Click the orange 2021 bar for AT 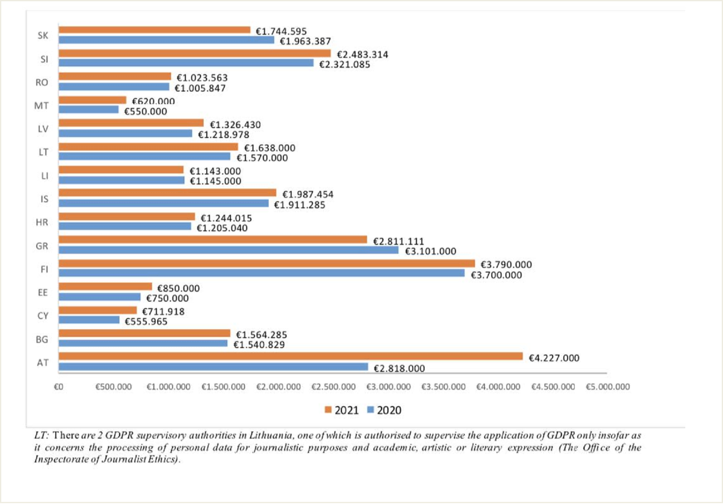pyautogui.click(x=290, y=356)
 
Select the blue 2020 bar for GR pyautogui.click(x=228, y=250)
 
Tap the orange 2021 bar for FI pyautogui.click(x=267, y=263)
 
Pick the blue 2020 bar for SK pyautogui.click(x=166, y=40)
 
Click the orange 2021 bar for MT pyautogui.click(x=92, y=100)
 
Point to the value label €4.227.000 pyautogui.click(x=554, y=358)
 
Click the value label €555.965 pyautogui.click(x=146, y=322)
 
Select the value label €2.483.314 pyautogui.click(x=363, y=55)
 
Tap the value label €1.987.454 pyautogui.click(x=308, y=195)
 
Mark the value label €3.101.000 pyautogui.click(x=430, y=251)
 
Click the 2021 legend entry pyautogui.click(x=342, y=410)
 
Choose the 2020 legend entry pyautogui.click(x=384, y=410)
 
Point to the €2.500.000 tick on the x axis pyautogui.click(x=333, y=387)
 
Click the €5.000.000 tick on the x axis pyautogui.click(x=607, y=387)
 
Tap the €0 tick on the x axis pyautogui.click(x=59, y=387)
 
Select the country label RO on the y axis pyautogui.click(x=41, y=83)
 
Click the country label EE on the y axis pyautogui.click(x=43, y=292)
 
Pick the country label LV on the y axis pyautogui.click(x=43, y=129)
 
